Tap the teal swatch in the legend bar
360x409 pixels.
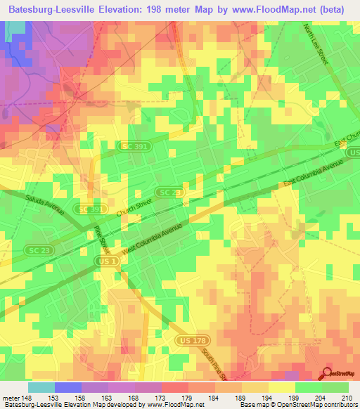point(41,387)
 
